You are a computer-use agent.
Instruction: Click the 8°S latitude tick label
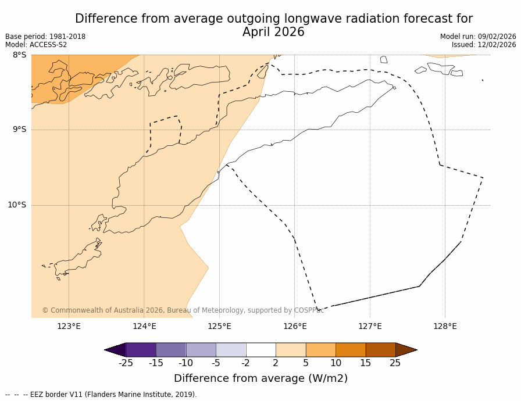click(x=19, y=55)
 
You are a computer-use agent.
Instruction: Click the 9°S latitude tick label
click(x=19, y=130)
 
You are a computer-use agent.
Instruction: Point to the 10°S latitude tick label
click(x=17, y=205)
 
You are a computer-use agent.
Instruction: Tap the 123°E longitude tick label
click(x=69, y=326)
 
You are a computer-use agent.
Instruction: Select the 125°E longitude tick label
click(x=219, y=326)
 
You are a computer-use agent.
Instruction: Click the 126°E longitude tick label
click(x=295, y=326)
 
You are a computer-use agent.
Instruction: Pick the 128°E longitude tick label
click(x=445, y=326)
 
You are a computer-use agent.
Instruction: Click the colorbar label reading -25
click(x=126, y=363)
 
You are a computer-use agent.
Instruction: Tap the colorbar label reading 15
click(x=365, y=363)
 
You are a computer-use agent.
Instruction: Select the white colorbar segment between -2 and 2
click(x=260, y=350)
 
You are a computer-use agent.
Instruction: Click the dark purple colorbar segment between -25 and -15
click(x=141, y=350)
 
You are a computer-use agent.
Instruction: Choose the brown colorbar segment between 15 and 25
click(x=380, y=350)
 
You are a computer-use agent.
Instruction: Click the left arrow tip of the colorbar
click(x=106, y=350)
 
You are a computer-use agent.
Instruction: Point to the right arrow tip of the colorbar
click(x=415, y=350)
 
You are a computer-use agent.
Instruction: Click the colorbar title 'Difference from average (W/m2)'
click(x=260, y=378)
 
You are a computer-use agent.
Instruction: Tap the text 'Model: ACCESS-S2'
click(x=36, y=45)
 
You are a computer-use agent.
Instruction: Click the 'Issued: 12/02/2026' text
click(x=484, y=45)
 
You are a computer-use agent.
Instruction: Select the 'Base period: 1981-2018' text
click(x=45, y=37)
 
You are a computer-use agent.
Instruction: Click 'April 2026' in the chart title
click(x=273, y=33)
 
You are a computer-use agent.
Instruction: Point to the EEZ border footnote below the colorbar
click(x=101, y=395)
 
